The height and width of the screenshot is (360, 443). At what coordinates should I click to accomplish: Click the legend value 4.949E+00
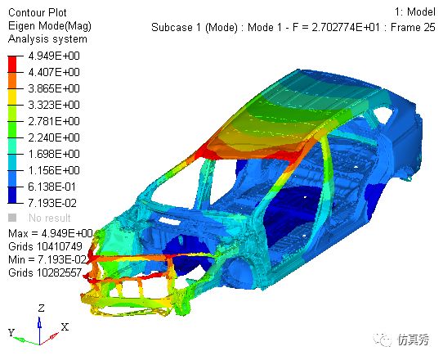click(54, 56)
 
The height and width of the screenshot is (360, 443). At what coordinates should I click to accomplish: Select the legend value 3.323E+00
click(54, 106)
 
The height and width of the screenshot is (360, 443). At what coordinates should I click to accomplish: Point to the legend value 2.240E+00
click(54, 138)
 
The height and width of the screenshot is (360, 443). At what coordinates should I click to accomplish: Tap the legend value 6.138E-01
click(52, 187)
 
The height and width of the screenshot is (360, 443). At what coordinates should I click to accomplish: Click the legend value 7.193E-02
click(52, 204)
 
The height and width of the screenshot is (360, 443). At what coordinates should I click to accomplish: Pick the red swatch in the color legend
click(12, 65)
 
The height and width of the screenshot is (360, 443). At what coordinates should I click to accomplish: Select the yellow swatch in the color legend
click(12, 97)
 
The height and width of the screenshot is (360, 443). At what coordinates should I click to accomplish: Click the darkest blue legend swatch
click(12, 195)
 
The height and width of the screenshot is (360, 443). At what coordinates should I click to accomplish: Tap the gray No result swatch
click(12, 218)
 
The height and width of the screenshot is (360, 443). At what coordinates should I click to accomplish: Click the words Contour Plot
click(38, 13)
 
